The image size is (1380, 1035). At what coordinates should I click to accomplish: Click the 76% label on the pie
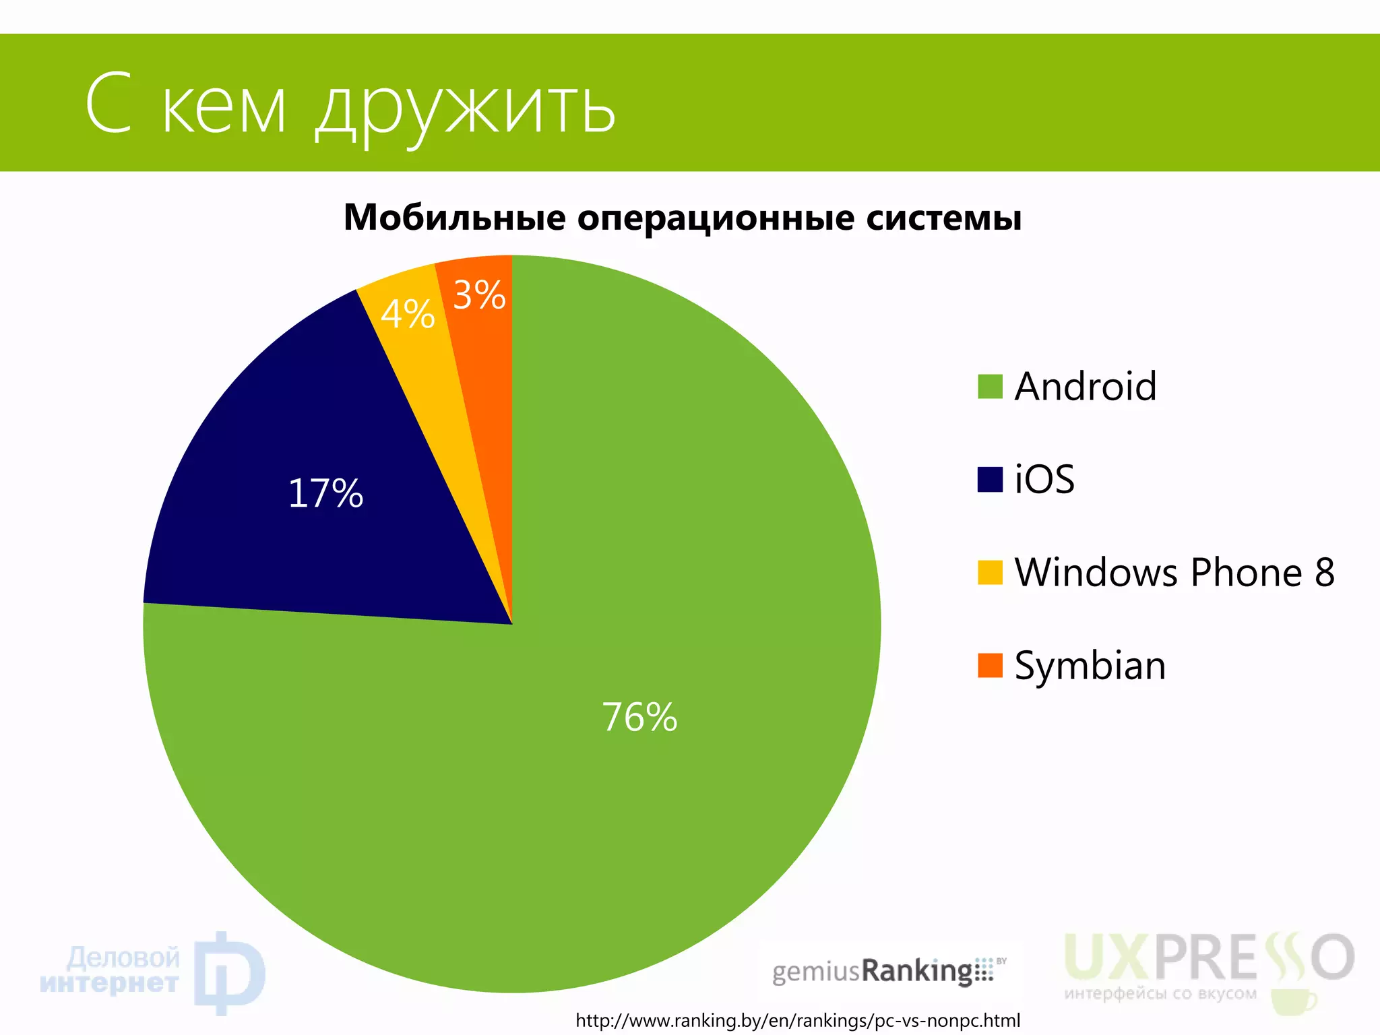tap(639, 717)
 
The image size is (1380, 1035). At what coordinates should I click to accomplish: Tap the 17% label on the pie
tap(325, 493)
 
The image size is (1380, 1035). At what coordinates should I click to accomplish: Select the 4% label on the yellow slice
tap(408, 314)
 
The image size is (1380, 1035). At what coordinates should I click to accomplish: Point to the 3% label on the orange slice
tap(479, 295)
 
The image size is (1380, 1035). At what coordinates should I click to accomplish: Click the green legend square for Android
tap(990, 387)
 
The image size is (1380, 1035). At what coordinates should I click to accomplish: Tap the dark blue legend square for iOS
tap(990, 480)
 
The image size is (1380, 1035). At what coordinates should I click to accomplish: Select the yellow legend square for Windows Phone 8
tap(990, 572)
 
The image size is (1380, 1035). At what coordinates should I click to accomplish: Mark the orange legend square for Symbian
tap(990, 665)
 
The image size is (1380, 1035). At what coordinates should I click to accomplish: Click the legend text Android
tap(1086, 387)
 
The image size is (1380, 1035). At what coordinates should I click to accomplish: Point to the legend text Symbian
tap(1090, 666)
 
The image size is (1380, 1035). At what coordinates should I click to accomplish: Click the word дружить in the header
tap(465, 108)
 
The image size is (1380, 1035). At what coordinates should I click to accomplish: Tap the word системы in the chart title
tap(943, 218)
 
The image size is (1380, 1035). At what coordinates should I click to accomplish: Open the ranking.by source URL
tap(798, 1020)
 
